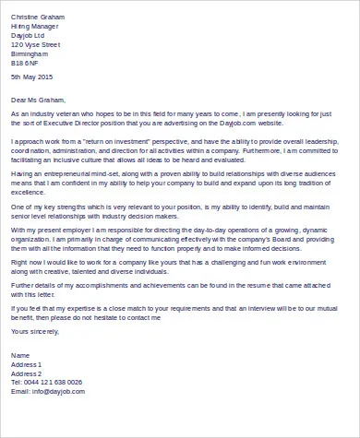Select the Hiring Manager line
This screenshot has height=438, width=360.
(33, 26)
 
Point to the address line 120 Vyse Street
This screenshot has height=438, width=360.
(35, 43)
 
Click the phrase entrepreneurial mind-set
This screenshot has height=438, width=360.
(83, 172)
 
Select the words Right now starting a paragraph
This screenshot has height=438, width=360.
(27, 263)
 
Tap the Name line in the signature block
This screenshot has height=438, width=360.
(20, 355)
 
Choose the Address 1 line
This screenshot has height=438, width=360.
(27, 364)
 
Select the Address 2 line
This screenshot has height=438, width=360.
(27, 373)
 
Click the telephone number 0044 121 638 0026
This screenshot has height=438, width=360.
(53, 382)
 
